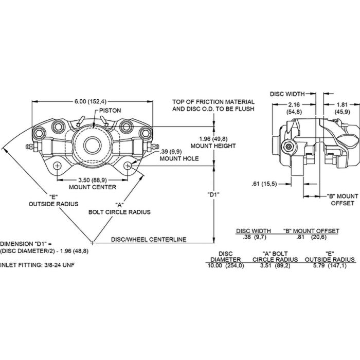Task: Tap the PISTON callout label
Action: coord(110,111)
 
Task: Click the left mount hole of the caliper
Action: coord(58,166)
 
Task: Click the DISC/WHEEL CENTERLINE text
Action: coord(149,239)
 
